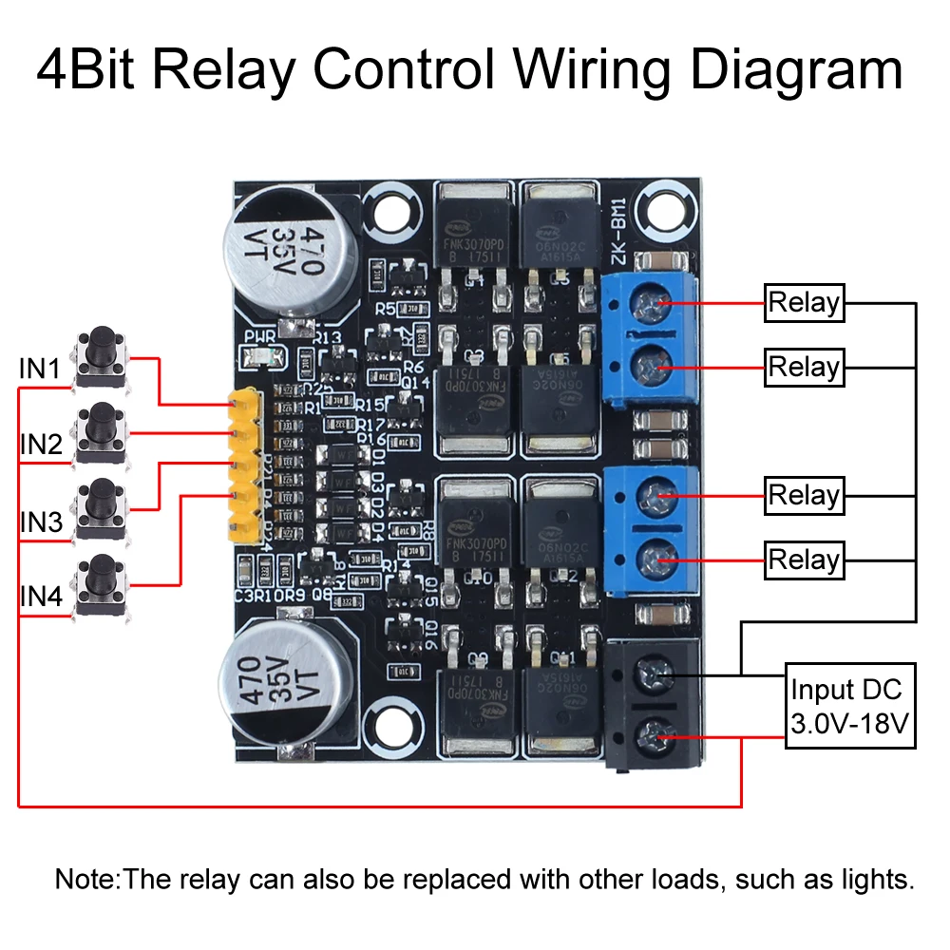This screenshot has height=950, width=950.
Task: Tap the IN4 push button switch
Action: click(101, 583)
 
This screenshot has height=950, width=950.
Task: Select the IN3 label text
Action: click(41, 522)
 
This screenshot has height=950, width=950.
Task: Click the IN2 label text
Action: click(41, 444)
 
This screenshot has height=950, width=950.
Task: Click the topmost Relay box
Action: click(804, 303)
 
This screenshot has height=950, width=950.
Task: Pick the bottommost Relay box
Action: click(804, 560)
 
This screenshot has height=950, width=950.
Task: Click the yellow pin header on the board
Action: click(246, 465)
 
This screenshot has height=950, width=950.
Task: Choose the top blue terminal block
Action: click(651, 335)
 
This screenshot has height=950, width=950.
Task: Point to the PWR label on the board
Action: click(259, 335)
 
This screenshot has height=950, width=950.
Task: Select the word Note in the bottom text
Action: click(86, 879)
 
